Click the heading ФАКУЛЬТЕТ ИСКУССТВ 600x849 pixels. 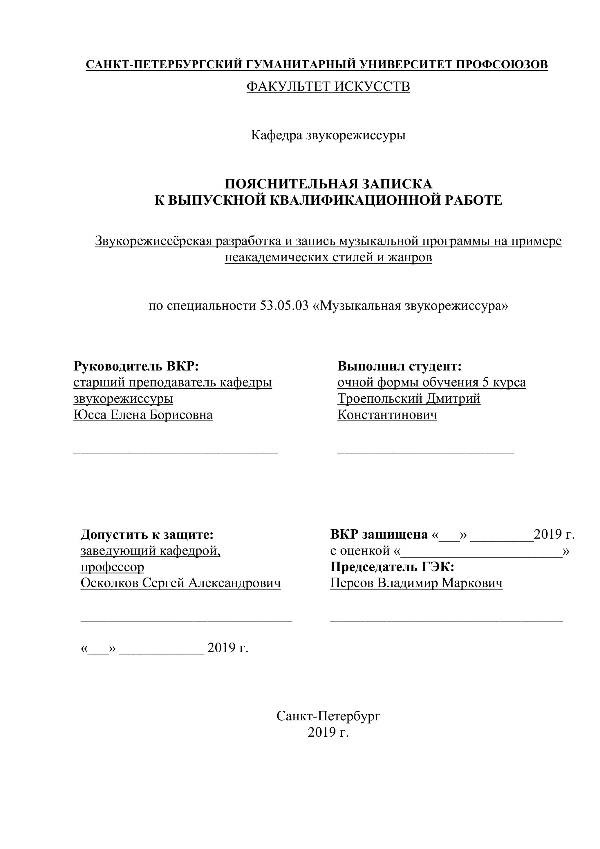pos(328,87)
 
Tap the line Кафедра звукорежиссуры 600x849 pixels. pos(328,135)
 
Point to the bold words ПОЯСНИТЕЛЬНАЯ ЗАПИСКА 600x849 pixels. pos(328,184)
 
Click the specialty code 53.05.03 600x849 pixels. pos(284,306)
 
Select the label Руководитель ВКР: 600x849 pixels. pos(136,366)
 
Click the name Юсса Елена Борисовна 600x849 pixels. pos(143,415)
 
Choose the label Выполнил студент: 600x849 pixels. pos(400,366)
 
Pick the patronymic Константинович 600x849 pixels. pos(387,415)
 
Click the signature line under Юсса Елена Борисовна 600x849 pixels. pos(176,452)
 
